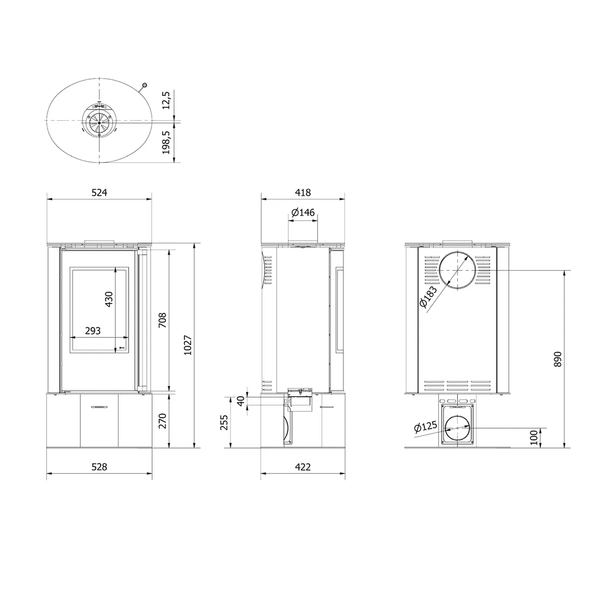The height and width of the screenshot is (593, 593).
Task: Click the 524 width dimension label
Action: [x=100, y=192]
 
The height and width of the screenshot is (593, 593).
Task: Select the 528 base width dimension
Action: [x=100, y=467]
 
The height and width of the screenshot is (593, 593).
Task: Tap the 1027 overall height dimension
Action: [x=188, y=345]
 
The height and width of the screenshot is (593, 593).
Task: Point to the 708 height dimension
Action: [x=162, y=320]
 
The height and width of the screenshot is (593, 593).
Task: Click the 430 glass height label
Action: [x=108, y=299]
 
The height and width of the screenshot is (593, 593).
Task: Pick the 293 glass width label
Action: [x=93, y=331]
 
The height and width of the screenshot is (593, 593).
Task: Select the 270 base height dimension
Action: [x=162, y=421]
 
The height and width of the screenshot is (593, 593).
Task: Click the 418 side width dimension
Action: [x=303, y=192]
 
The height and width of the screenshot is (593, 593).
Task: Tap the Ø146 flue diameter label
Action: [x=303, y=212]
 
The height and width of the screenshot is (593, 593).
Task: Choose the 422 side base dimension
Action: [x=303, y=467]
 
